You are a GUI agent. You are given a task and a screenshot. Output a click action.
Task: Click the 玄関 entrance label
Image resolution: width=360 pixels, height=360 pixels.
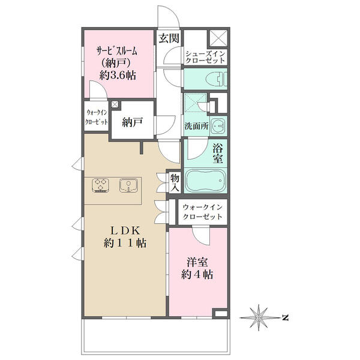(169, 38)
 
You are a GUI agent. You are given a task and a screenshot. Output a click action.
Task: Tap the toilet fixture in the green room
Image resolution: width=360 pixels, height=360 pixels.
(217, 79)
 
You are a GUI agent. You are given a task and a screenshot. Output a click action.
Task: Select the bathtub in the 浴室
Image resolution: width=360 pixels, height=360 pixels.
(206, 181)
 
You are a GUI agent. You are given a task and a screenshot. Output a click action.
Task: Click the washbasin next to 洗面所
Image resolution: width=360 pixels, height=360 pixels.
(218, 126)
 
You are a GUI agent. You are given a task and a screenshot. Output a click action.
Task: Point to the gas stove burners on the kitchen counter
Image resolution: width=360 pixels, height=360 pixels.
(100, 185)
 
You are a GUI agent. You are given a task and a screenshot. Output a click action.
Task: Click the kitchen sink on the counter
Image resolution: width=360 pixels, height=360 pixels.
(128, 185)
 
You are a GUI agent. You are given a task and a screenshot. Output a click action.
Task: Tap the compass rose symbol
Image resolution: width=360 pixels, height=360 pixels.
(259, 318)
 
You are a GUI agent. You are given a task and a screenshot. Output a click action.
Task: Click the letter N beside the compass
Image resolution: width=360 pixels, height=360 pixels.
(286, 318)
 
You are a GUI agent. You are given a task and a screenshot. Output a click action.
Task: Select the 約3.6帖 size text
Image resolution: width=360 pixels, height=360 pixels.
(118, 75)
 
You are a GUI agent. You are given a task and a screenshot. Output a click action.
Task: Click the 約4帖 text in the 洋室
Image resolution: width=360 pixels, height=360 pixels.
(197, 274)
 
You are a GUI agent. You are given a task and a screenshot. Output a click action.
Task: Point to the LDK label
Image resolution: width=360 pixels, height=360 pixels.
(125, 230)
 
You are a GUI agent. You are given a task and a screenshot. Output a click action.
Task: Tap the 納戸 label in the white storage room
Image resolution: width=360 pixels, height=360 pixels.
(133, 122)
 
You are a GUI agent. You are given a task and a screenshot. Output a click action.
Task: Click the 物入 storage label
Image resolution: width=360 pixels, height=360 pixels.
(175, 183)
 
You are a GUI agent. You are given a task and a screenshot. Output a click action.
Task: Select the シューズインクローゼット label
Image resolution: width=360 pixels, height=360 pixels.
(205, 57)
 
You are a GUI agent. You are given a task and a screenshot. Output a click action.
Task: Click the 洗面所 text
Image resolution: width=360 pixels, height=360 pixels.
(197, 126)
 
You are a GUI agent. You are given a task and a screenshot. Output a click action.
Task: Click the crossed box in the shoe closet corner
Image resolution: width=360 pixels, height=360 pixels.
(218, 38)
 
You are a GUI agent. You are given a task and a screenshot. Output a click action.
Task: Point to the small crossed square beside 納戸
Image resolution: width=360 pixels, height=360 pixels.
(115, 104)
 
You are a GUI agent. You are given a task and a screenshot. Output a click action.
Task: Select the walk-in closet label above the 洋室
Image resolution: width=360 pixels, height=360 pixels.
(203, 212)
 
